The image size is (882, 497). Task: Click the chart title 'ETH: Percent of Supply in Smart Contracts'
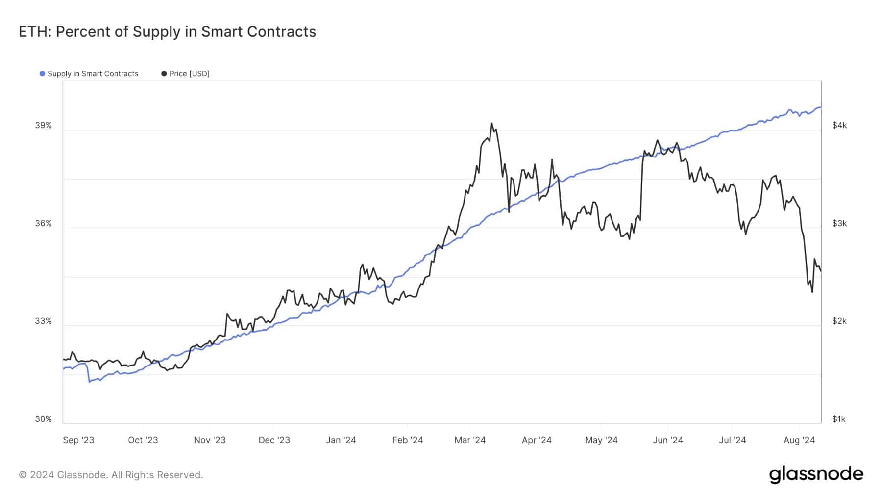click(x=167, y=32)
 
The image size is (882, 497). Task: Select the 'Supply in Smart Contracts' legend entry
click(x=89, y=74)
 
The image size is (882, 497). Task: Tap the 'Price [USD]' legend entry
click(x=185, y=74)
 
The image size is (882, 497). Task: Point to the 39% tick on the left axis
click(x=43, y=125)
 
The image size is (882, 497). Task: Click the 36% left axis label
click(x=43, y=223)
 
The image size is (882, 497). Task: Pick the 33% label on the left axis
click(x=43, y=321)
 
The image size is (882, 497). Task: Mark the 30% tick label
click(x=43, y=419)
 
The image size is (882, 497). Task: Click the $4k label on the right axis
click(x=839, y=125)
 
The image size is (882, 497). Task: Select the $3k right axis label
click(x=839, y=223)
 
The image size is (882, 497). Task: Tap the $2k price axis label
click(x=839, y=321)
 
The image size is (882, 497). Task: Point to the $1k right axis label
click(x=839, y=419)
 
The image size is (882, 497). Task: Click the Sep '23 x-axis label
click(x=78, y=440)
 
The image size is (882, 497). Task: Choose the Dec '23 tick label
click(x=274, y=440)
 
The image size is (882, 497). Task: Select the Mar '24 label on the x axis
click(x=470, y=440)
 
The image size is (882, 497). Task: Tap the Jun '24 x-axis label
click(x=668, y=440)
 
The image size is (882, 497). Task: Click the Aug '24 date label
click(x=799, y=440)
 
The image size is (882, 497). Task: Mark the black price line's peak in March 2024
click(x=491, y=124)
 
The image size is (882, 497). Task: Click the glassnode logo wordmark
click(x=816, y=474)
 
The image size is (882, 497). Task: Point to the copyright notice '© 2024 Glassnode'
click(x=62, y=475)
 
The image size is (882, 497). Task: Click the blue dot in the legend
click(x=42, y=74)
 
